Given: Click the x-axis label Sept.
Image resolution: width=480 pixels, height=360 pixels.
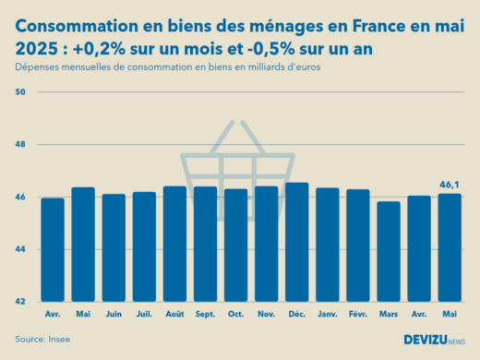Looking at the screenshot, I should coord(205,314).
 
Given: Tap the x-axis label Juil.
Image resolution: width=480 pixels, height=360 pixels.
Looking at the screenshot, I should coord(144,314).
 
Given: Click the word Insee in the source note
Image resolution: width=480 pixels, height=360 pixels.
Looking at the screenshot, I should coord(58,340).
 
